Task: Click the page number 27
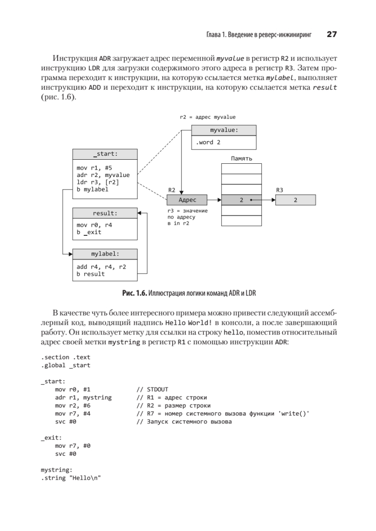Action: [332, 35]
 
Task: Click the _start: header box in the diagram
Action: [105, 154]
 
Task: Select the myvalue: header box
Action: [224, 131]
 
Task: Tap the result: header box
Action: [105, 213]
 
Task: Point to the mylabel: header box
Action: [105, 254]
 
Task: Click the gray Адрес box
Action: [187, 200]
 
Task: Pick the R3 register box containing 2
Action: [295, 200]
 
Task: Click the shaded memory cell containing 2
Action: [241, 200]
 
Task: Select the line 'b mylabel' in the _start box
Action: [93, 189]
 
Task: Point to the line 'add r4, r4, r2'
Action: [101, 267]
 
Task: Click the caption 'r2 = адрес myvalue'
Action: [208, 117]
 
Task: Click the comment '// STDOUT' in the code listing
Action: [152, 389]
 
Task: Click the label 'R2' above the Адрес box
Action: [172, 190]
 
